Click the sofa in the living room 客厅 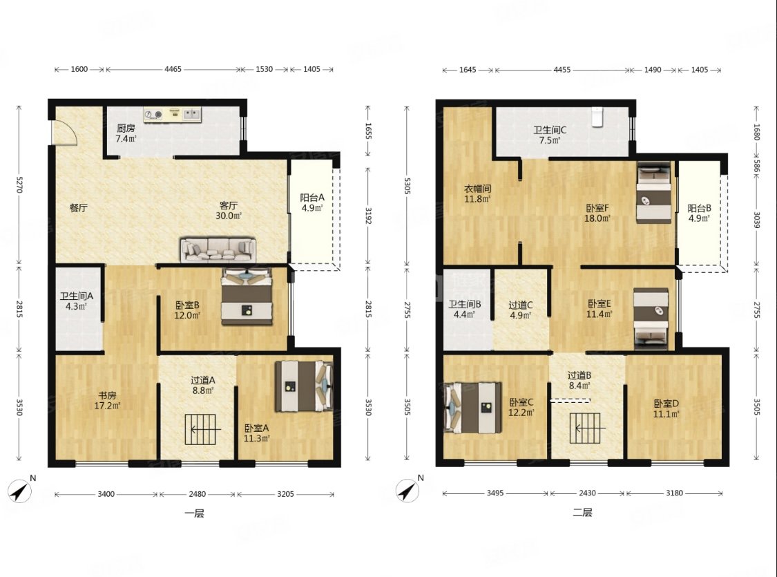click(218, 249)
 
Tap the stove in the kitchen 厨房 click(153, 115)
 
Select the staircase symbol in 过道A click(202, 429)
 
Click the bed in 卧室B click(247, 296)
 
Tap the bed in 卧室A click(303, 386)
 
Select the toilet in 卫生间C click(597, 117)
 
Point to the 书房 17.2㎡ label click(107, 401)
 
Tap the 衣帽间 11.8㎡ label click(477, 193)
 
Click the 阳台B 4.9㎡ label click(699, 213)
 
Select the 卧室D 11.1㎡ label click(666, 409)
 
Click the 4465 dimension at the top click(173, 69)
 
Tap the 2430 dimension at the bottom click(587, 493)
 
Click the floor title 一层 click(194, 513)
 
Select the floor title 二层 click(582, 512)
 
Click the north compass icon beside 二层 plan click(407, 491)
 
